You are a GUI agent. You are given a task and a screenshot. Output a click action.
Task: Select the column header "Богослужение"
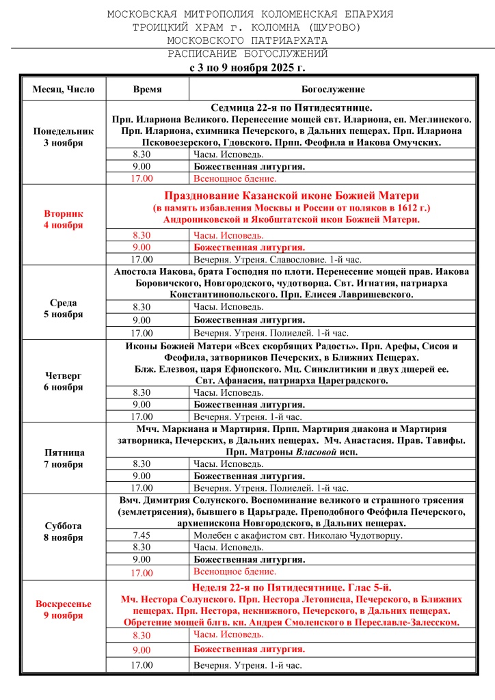coord(333,90)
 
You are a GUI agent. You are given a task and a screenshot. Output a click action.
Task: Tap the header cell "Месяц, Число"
coord(64,90)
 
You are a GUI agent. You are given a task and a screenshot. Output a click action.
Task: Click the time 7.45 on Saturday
coord(142,535)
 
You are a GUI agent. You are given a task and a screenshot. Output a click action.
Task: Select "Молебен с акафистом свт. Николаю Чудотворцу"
coord(298,535)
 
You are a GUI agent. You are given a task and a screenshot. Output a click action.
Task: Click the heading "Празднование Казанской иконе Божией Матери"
coord(291,196)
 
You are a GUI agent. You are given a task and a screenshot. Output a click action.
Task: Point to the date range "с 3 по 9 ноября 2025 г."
coord(247,68)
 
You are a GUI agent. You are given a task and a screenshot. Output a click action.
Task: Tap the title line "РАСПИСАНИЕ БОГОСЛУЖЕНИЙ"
coord(247,54)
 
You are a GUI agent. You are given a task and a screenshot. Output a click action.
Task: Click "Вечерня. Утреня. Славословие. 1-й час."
coord(278,259)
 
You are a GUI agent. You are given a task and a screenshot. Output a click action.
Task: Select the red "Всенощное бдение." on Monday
coord(235,178)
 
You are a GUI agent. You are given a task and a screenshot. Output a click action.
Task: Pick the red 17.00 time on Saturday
coord(142,573)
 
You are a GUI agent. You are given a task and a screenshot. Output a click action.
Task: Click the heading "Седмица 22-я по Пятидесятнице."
coord(291,107)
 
